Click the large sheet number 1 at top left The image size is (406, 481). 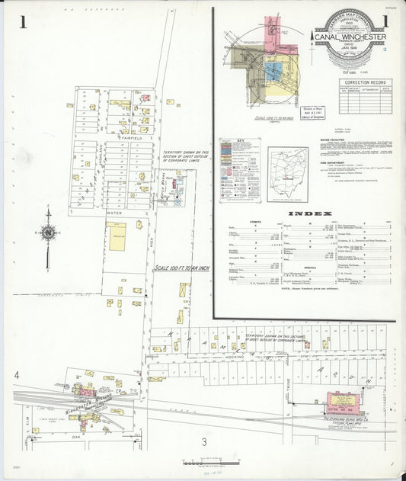point(24,22)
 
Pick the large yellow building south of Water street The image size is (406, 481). point(117,234)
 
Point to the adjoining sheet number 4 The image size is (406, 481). point(16,375)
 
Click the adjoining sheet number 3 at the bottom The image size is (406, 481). point(204,442)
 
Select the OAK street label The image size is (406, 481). point(77,437)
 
